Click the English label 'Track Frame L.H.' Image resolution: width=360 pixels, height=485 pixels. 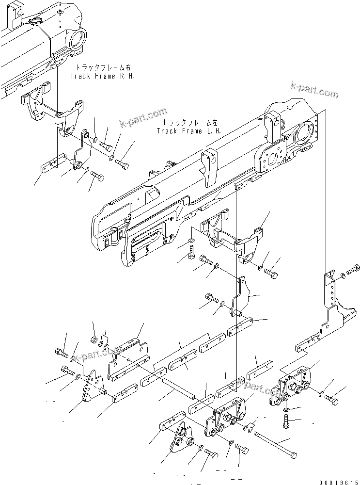tap(188, 131)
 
